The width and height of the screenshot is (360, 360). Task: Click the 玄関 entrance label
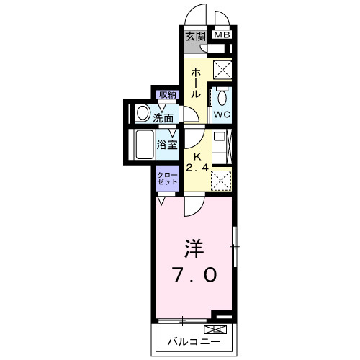pos(195,35)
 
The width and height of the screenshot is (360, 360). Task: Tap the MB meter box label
pos(222,35)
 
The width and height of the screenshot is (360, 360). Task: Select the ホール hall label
pos(195,83)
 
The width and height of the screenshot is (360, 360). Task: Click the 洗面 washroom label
pos(163,117)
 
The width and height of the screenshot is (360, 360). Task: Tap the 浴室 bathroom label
pos(168,144)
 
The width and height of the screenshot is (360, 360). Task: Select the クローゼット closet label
pos(168,179)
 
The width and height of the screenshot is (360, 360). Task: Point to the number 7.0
pos(194,275)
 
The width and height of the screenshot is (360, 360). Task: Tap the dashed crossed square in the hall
pos(222,71)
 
